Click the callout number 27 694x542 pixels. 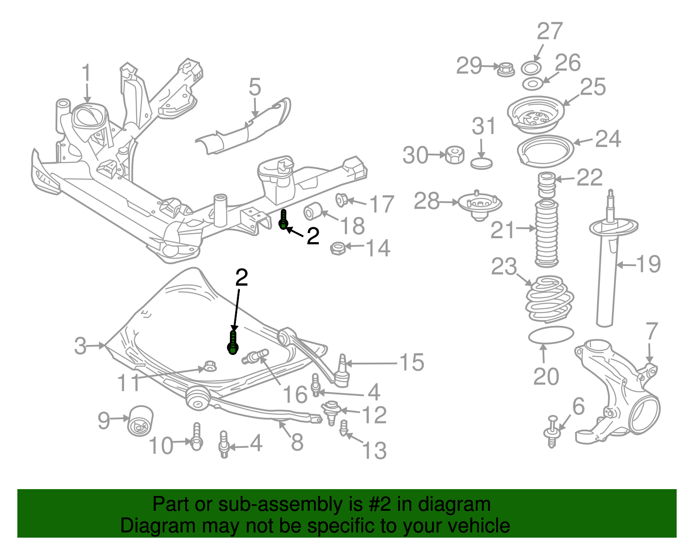point(550,31)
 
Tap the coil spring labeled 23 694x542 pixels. point(550,299)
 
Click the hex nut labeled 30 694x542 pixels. point(455,154)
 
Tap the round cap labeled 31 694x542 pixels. point(481,164)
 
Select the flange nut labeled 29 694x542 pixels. point(505,69)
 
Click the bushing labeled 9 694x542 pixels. point(140,420)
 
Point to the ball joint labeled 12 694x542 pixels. point(331,410)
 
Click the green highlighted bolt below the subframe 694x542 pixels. point(284,219)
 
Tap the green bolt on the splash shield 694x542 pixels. point(233,343)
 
